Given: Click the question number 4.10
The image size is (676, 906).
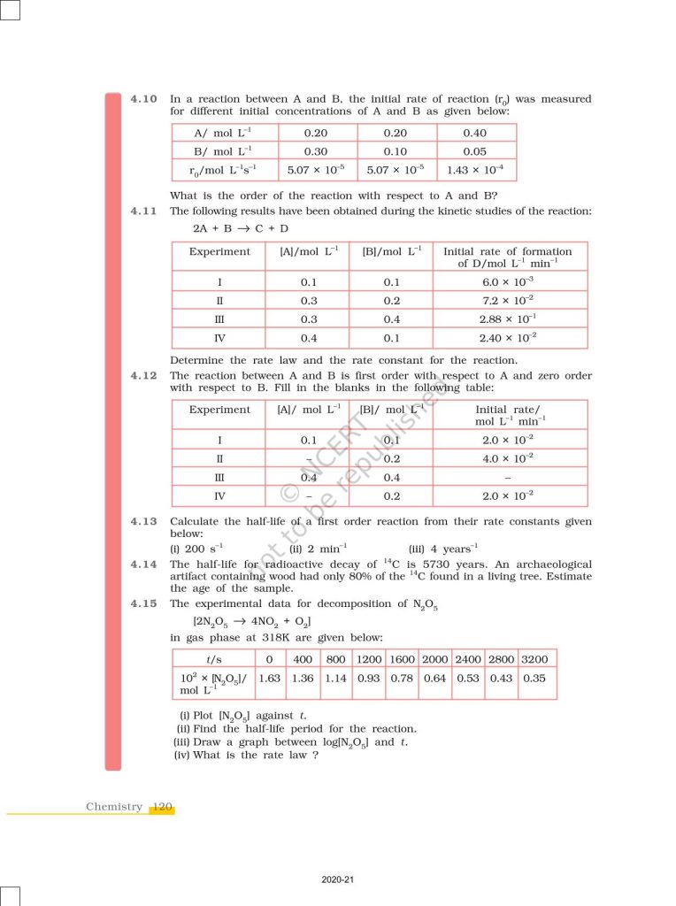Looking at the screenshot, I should [143, 99].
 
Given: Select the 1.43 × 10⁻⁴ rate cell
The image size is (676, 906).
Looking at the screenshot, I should [476, 169].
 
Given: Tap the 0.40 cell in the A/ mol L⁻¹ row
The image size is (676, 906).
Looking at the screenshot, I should [476, 134].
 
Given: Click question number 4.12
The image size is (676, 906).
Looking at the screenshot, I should [143, 375].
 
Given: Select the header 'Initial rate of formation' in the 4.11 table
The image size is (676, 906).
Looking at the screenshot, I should [507, 252].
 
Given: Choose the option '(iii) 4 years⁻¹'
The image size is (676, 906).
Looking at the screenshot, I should [443, 549].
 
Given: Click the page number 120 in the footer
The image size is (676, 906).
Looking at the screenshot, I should [162, 807].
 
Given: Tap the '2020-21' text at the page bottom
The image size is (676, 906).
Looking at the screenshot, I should [338, 880].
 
